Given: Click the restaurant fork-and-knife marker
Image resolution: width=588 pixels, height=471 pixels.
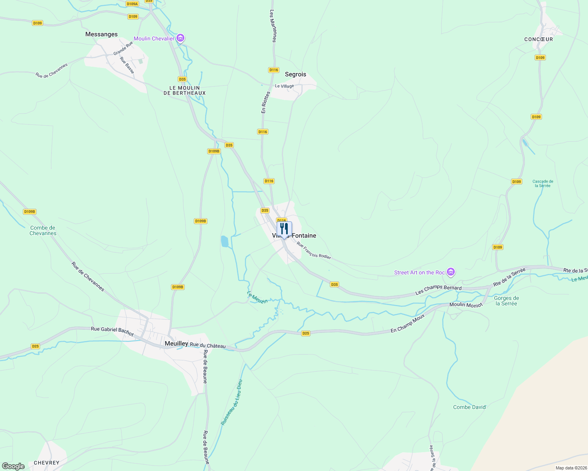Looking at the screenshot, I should tap(284, 229).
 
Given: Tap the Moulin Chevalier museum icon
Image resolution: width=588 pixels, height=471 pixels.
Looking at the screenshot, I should tap(180, 38).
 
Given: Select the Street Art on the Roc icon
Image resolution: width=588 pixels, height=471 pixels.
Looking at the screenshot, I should tap(451, 272).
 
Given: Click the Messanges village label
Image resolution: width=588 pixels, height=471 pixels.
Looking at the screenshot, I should tap(101, 35).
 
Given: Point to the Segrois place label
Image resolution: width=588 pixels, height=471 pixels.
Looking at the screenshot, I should tap(295, 74).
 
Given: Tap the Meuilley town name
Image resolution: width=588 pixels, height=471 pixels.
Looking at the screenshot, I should tap(176, 343).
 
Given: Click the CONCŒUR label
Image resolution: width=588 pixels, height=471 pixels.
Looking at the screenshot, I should tap(538, 39).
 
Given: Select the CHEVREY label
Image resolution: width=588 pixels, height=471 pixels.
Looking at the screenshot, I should tap(46, 463).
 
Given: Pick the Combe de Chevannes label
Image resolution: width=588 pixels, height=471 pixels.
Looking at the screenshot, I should tap(43, 230).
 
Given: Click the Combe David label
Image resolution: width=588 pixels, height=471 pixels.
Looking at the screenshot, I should tap(469, 407).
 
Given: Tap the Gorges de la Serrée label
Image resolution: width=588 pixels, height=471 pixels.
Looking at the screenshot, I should tap(506, 301).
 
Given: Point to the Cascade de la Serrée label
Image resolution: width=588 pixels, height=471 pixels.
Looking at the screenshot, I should tap(543, 183).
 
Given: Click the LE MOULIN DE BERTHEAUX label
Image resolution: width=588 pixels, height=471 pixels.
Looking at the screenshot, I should tap(184, 90).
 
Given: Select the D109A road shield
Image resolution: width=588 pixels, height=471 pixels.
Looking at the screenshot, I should tap(132, 4).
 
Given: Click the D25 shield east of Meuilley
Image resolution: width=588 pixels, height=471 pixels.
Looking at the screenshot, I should tap(306, 333).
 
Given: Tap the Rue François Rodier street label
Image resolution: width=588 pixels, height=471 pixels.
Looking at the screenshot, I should tap(314, 250).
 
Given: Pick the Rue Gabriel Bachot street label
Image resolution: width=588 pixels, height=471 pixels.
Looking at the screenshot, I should tap(112, 331).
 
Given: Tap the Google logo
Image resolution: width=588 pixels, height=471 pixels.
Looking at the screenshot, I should tap(13, 466).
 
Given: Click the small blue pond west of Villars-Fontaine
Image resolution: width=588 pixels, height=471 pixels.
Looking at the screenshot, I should tap(224, 241).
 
